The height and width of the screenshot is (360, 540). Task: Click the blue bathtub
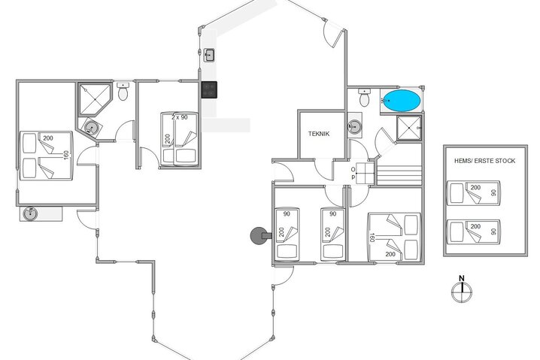pyautogui.click(x=402, y=101)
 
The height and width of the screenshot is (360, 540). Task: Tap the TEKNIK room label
pyautogui.click(x=319, y=134)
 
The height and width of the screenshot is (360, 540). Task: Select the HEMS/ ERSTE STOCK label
pyautogui.click(x=485, y=161)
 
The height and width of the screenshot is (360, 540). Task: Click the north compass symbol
pyautogui.click(x=462, y=292)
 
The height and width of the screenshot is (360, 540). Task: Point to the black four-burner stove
pyautogui.click(x=209, y=90)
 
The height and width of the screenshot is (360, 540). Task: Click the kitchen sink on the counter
pyautogui.click(x=209, y=55)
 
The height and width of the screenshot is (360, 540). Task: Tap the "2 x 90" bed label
pyautogui.click(x=180, y=117)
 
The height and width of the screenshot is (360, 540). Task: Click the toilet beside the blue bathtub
pyautogui.click(x=364, y=98)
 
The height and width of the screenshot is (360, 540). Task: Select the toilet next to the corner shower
pyautogui.click(x=123, y=91)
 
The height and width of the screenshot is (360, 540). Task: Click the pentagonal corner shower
pyautogui.click(x=94, y=99)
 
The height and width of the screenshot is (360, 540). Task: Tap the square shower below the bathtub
pyautogui.click(x=409, y=128)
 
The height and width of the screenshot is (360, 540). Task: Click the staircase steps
pyautogui.click(x=399, y=175)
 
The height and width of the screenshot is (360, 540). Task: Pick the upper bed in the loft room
pyautogui.click(x=474, y=192)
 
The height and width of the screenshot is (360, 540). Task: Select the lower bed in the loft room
pyautogui.click(x=474, y=231)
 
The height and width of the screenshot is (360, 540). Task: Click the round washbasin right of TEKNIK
pyautogui.click(x=354, y=127)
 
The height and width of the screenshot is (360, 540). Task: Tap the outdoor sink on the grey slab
pyautogui.click(x=29, y=213)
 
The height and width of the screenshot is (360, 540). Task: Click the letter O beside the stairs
pyautogui.click(x=353, y=169)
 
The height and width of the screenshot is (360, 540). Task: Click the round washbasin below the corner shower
pyautogui.click(x=91, y=128)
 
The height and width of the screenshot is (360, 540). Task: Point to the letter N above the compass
pyautogui.click(x=462, y=278)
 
